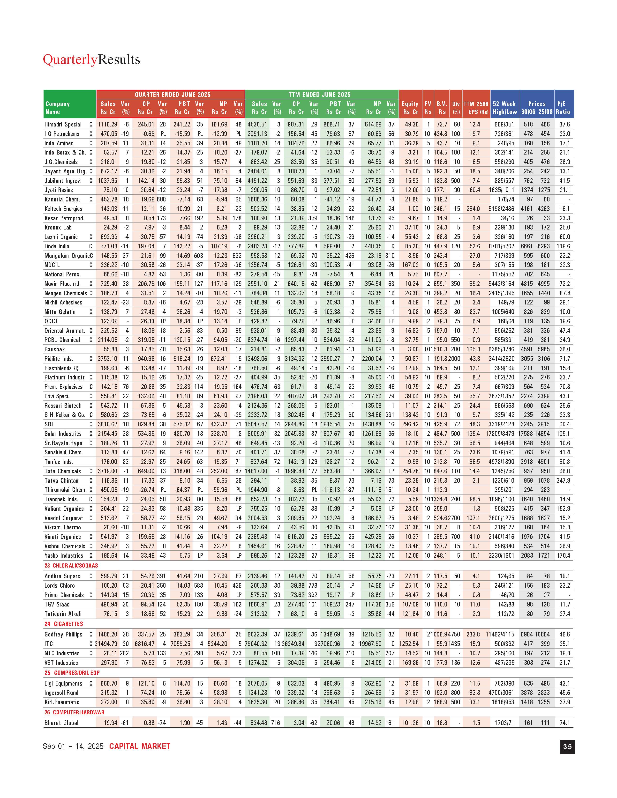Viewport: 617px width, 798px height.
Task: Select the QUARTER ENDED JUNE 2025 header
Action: point(173,95)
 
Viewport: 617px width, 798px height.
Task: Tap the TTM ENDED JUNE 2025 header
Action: point(319,95)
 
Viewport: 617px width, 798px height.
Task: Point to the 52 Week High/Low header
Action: point(504,108)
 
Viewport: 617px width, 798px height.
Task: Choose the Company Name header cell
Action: point(58,108)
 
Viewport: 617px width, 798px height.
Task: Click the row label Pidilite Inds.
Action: point(59,359)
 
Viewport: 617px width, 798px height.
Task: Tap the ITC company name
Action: point(49,644)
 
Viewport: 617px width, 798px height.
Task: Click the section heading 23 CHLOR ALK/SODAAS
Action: point(71,566)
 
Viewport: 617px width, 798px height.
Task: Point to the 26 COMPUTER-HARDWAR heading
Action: point(74,712)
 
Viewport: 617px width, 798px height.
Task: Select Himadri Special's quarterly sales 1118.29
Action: point(107,124)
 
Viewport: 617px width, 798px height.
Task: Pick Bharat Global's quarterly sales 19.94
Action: point(111,723)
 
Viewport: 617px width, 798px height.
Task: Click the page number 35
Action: point(567,746)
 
